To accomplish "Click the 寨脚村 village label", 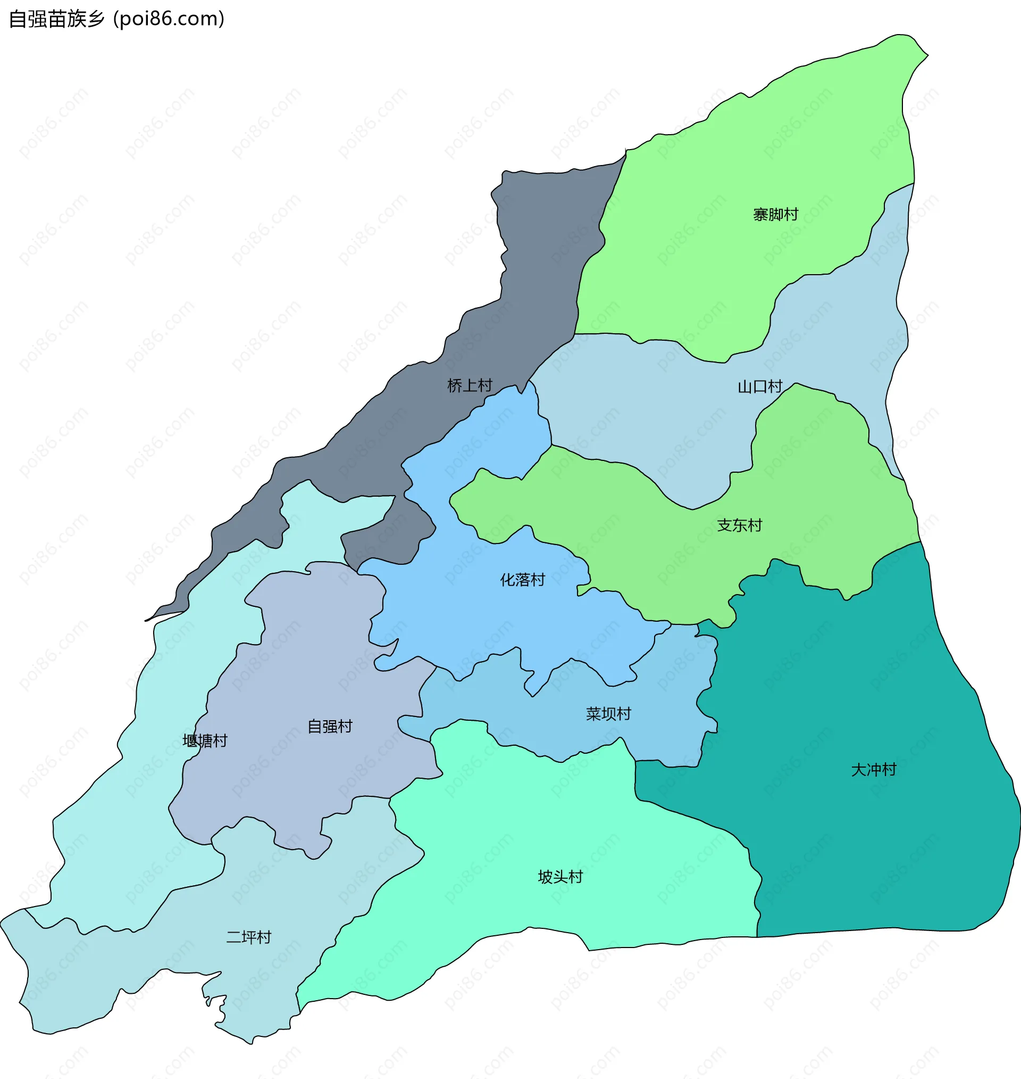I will click(775, 215).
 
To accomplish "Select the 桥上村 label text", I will click(469, 385).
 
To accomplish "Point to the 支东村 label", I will click(739, 525).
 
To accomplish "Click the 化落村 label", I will click(523, 580).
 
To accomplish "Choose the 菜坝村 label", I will click(608, 713).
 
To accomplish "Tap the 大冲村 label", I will click(873, 770).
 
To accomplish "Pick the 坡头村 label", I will click(560, 876).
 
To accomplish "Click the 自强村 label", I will click(330, 726).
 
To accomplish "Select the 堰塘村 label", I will click(205, 741).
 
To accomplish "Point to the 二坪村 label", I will click(249, 937).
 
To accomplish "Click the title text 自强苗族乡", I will click(56, 19).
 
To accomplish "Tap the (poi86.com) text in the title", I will click(169, 19).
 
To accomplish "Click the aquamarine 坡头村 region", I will click(544, 817).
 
